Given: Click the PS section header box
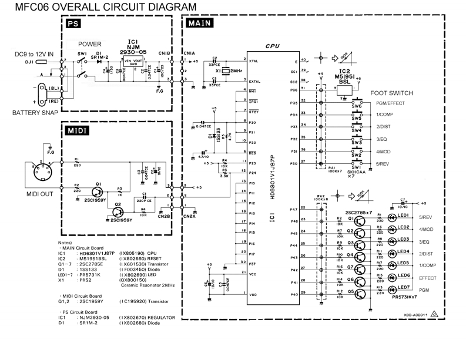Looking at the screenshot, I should click(72, 25).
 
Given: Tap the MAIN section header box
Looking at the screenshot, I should click(199, 24).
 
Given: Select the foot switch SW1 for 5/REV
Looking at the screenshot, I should click(356, 163).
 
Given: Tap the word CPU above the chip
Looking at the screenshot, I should click(272, 45).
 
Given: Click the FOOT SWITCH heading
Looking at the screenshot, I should click(392, 93).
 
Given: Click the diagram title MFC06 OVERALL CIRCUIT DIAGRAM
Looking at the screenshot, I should click(99, 6).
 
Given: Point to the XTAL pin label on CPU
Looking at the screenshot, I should click(253, 61).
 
